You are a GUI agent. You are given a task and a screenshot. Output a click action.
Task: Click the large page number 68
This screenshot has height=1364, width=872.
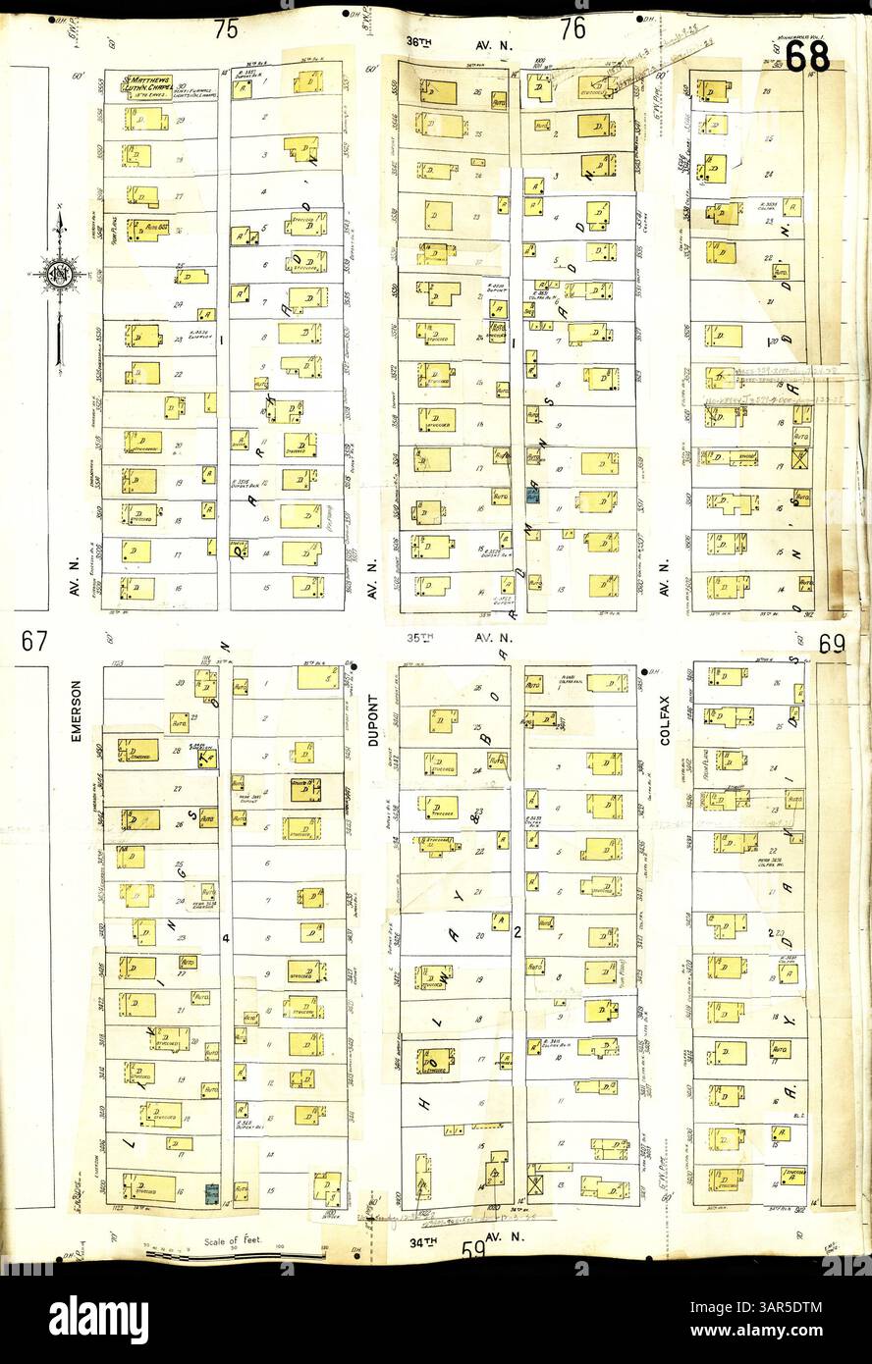point(806,56)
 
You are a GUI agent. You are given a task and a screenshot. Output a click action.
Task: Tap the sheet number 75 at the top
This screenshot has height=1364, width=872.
point(226,30)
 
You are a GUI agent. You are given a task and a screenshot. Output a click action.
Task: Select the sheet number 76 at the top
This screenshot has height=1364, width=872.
point(573,30)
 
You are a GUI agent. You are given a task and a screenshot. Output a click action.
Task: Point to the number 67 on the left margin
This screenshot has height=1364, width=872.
point(34,642)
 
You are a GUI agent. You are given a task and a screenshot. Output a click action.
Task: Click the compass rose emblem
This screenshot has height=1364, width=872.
point(60,272)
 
